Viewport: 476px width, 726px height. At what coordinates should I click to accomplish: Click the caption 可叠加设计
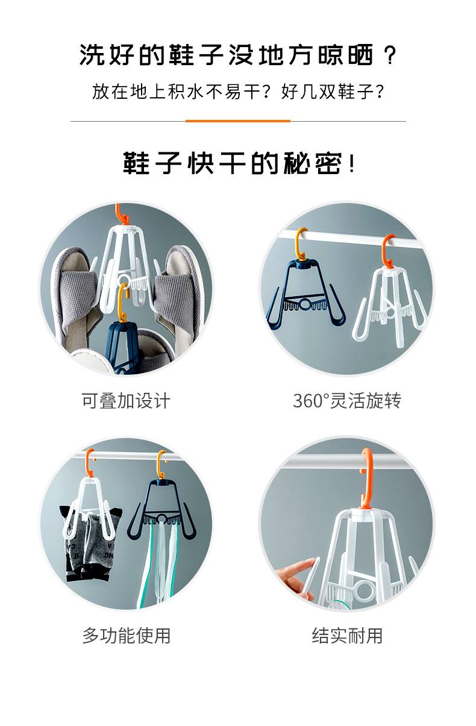(126, 401)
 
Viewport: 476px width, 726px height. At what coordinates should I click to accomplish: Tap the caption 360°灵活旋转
(347, 401)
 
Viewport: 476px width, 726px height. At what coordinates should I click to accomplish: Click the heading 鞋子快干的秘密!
(239, 163)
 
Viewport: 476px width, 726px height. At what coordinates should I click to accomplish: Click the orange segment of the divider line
(238, 121)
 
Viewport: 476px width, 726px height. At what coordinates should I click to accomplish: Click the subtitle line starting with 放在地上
(238, 92)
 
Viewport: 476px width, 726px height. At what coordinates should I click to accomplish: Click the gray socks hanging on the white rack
(91, 545)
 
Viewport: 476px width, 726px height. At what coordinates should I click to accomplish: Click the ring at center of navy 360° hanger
(305, 304)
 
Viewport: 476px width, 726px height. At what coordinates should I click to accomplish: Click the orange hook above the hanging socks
(90, 463)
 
